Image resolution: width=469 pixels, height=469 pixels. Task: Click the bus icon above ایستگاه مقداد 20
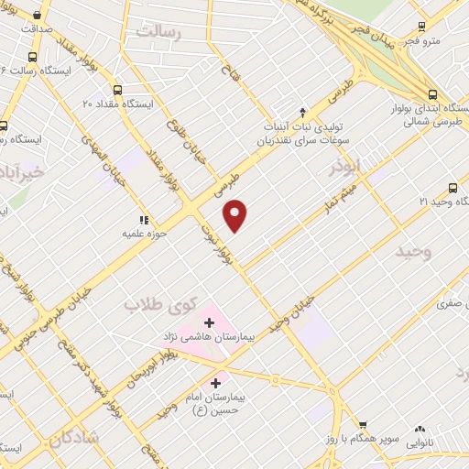click(x=117, y=90)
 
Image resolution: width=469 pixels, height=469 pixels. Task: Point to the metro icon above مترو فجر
click(x=421, y=27)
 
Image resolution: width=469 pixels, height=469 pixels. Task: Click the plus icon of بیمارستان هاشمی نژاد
click(x=210, y=323)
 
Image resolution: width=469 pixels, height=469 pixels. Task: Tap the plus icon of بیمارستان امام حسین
click(x=216, y=382)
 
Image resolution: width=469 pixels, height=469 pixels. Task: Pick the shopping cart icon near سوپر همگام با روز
click(x=363, y=425)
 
